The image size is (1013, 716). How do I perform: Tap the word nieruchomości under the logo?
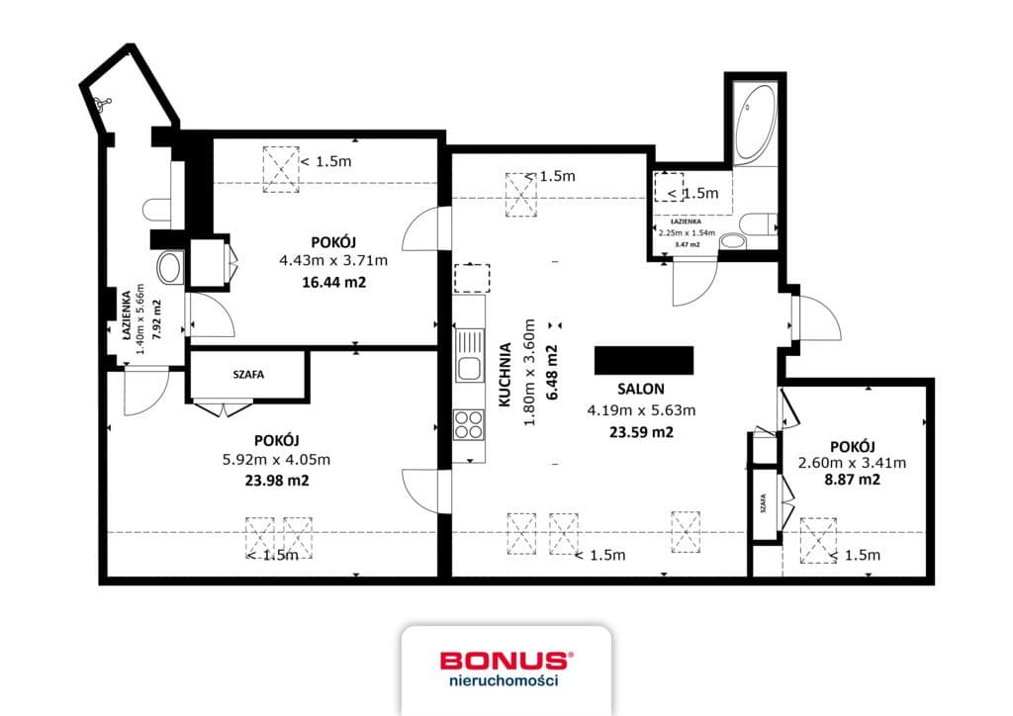pos(504,679)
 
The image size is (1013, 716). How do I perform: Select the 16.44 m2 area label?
pos(334,282)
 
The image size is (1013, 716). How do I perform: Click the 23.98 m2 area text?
pos(277,481)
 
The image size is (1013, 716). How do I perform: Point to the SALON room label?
pos(641,389)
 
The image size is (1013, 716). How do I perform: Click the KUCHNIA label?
pos(506,375)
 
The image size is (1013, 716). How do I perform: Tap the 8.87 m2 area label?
pos(852,479)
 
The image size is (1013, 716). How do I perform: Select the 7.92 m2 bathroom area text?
pos(155,318)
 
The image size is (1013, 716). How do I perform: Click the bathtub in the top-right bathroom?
pos(756,123)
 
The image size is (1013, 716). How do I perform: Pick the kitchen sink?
pos(470,355)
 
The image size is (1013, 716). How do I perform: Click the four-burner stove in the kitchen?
pos(469,425)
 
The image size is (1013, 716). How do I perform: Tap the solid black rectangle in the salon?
pos(644,360)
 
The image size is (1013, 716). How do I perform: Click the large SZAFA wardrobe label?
pos(248,374)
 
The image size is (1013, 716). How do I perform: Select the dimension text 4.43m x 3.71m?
pos(333,261)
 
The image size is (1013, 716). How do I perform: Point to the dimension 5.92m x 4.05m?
pos(277,460)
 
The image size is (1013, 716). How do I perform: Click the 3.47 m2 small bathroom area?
pos(688,244)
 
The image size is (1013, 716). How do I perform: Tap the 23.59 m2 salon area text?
pos(641,432)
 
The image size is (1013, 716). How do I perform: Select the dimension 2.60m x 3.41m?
pos(852,462)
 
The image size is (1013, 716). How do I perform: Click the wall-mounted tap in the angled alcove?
pos(102,103)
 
